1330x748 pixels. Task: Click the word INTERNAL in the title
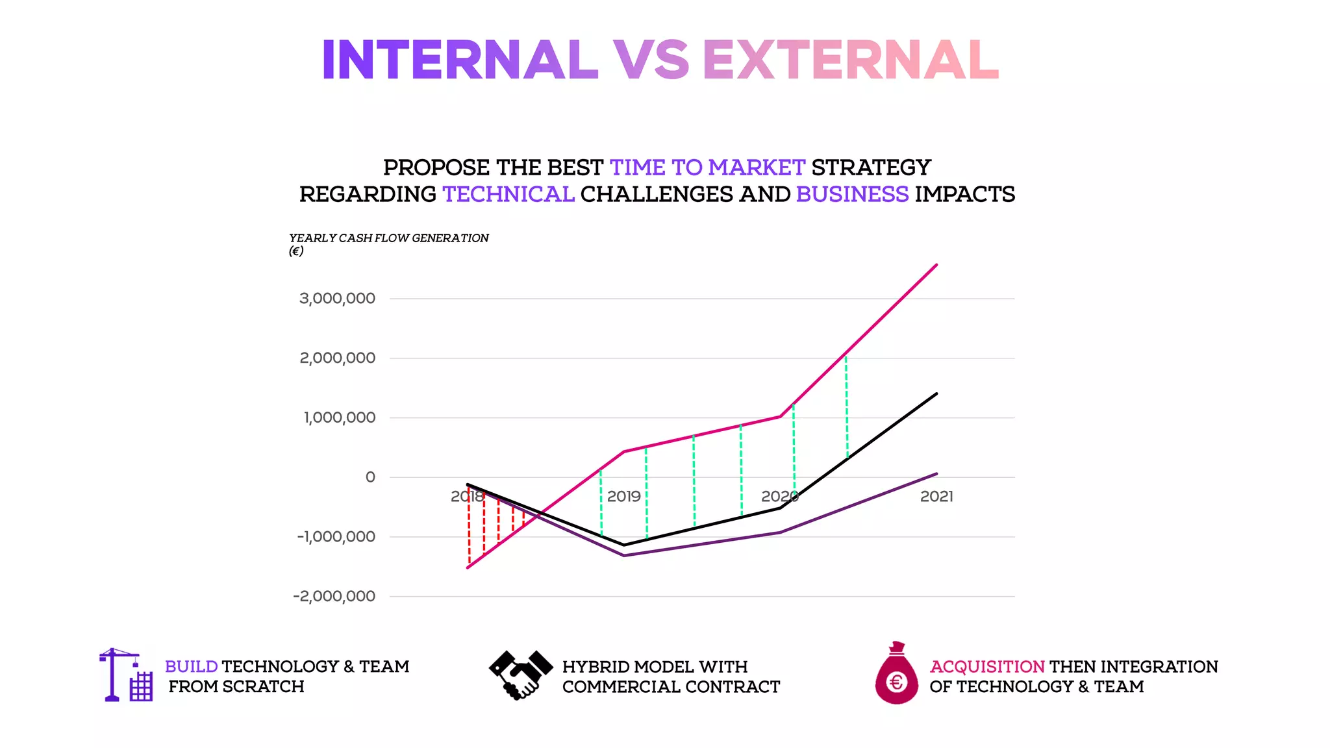coord(459,60)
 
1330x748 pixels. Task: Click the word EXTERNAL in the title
coord(850,60)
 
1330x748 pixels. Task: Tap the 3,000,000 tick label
coord(337,299)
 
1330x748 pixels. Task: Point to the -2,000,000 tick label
coord(334,596)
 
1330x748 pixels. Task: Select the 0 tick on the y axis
coord(370,477)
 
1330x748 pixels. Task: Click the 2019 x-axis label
coord(623,497)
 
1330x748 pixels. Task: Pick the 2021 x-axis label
coord(936,497)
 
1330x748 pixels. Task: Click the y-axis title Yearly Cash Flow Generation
coord(388,238)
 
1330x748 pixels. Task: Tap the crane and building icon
coord(126,675)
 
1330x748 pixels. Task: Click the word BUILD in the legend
coord(191,667)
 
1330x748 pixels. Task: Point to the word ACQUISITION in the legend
coord(987,667)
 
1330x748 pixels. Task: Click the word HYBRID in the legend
coord(596,667)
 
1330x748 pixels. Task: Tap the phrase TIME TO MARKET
coord(707,168)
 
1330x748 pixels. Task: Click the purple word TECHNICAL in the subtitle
coord(508,194)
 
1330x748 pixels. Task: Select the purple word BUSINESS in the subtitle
coord(852,194)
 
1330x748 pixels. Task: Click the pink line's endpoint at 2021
coord(936,265)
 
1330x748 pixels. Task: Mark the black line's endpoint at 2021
coord(936,393)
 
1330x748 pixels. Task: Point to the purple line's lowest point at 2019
coord(624,555)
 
